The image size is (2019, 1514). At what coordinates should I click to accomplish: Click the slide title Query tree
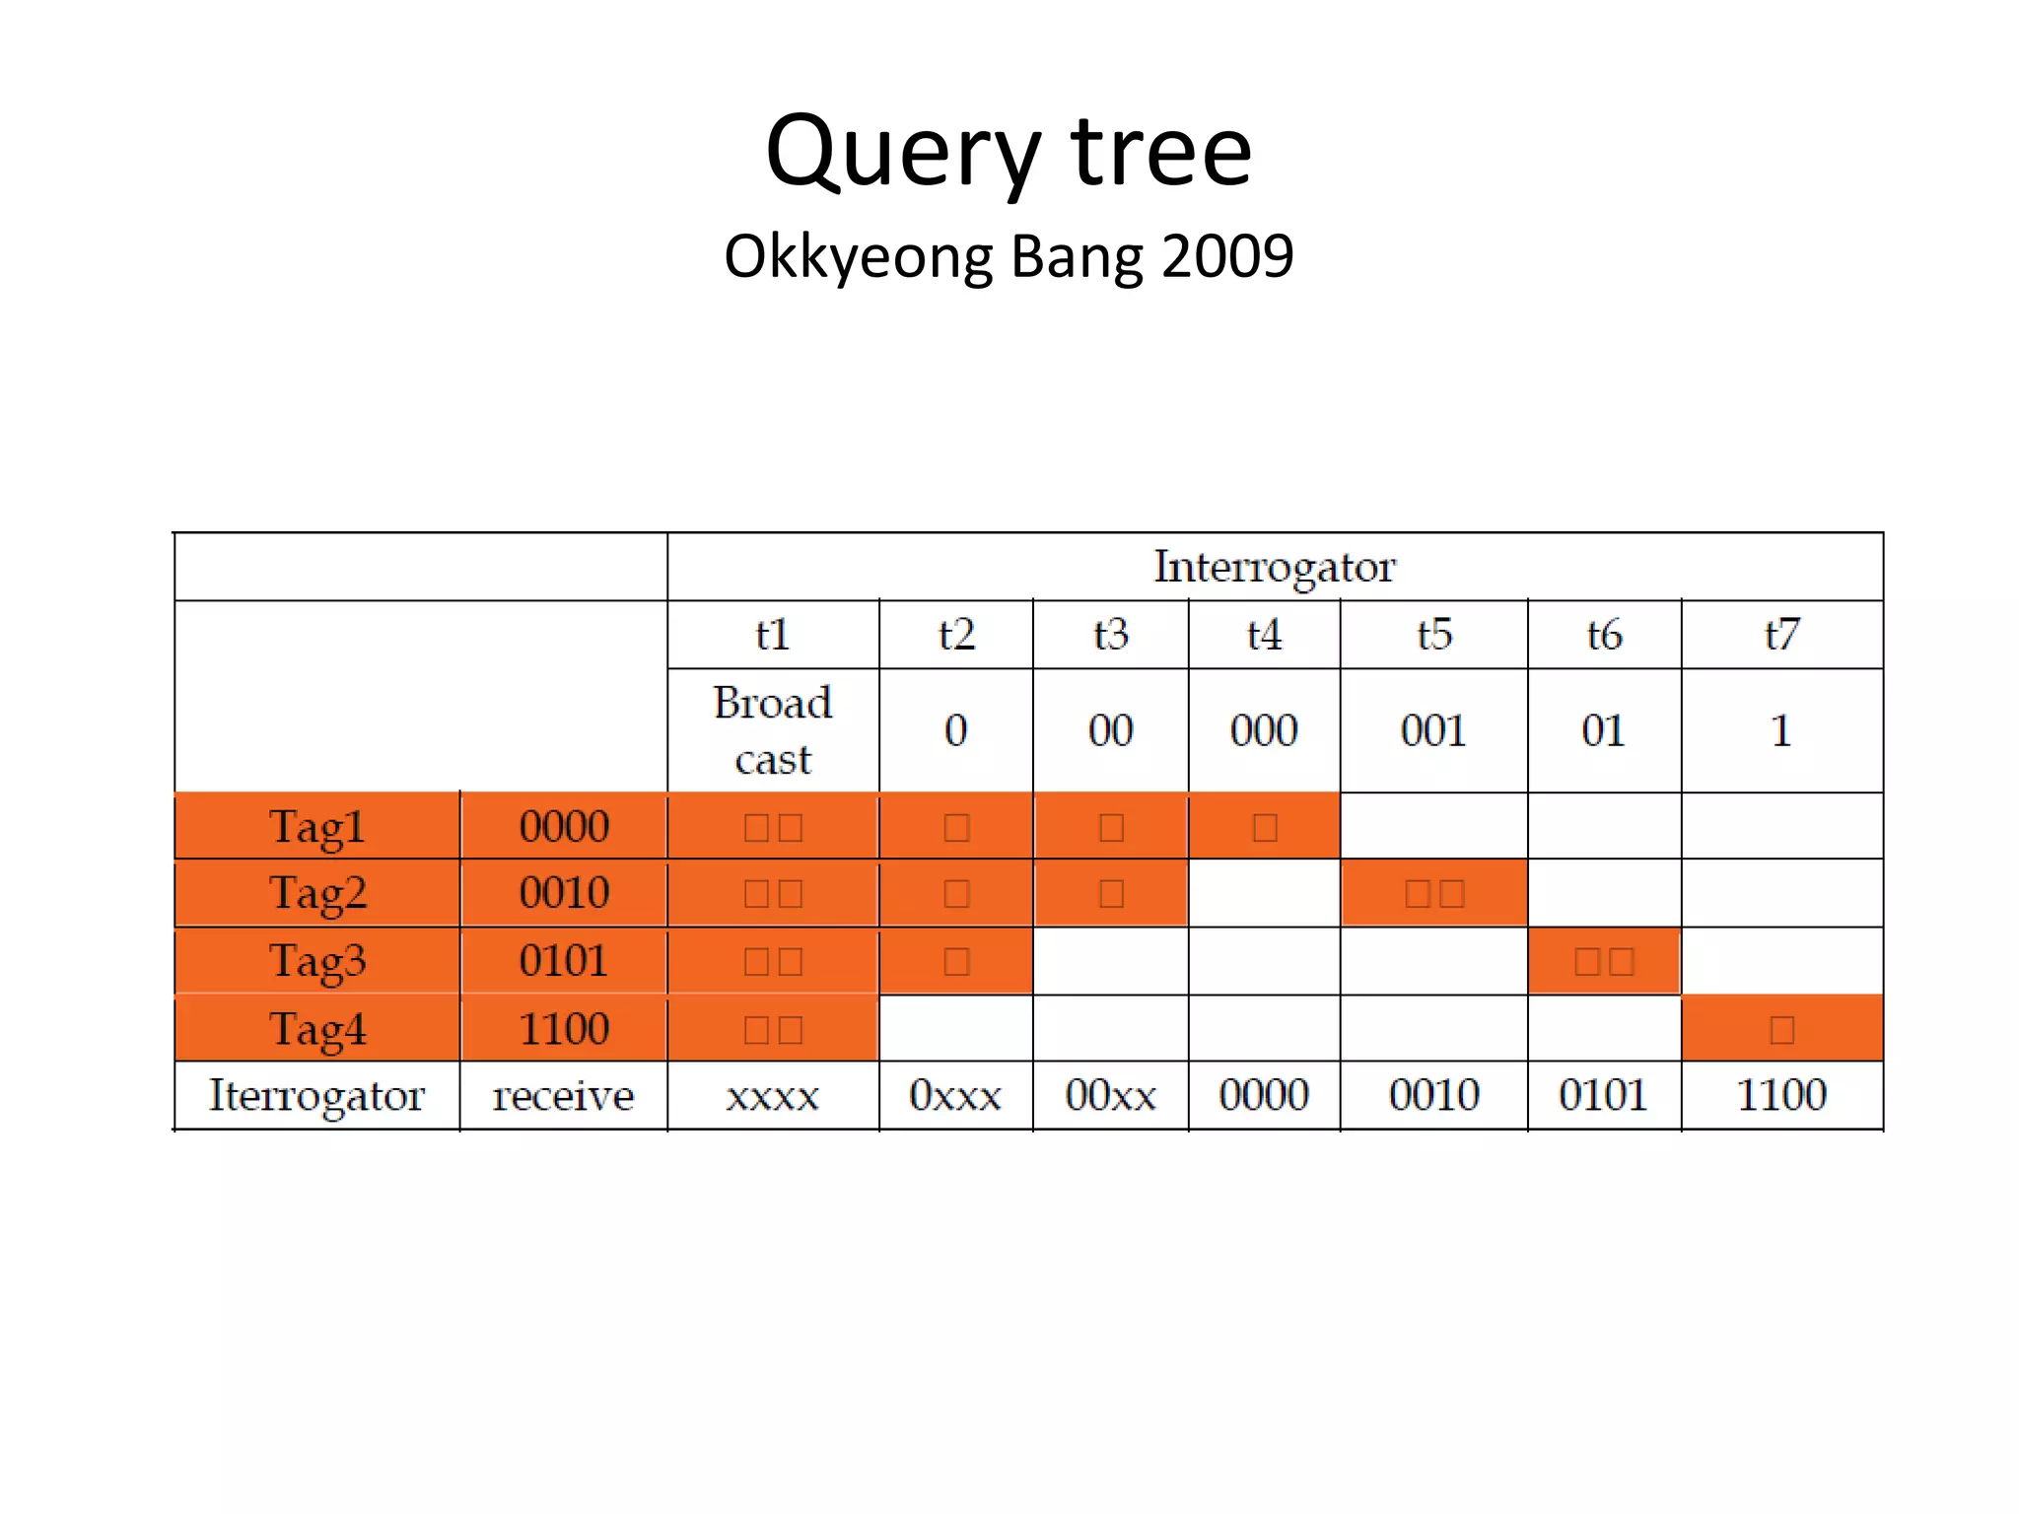click(x=1009, y=153)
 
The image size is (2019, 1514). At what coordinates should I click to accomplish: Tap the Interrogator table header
click(x=1275, y=567)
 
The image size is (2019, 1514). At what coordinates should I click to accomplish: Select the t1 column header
click(x=773, y=635)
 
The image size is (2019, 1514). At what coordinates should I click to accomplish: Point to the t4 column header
click(x=1264, y=635)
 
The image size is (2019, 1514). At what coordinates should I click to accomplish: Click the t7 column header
click(x=1781, y=635)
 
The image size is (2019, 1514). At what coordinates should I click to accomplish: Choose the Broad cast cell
click(x=773, y=730)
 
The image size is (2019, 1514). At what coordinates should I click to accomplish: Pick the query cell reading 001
click(x=1433, y=730)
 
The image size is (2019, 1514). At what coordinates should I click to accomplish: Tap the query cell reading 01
click(x=1604, y=730)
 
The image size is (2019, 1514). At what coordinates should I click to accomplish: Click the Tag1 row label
click(x=317, y=826)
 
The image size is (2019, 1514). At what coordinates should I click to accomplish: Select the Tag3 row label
click(x=317, y=961)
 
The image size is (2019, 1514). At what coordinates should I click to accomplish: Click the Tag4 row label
click(x=317, y=1029)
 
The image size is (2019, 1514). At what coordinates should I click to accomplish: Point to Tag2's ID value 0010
click(x=564, y=893)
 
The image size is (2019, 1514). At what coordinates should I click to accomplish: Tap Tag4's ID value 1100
click(x=564, y=1029)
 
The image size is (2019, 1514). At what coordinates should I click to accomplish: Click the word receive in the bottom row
click(x=563, y=1096)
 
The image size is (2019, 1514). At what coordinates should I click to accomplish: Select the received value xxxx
click(x=773, y=1096)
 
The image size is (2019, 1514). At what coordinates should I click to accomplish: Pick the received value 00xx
click(x=1111, y=1096)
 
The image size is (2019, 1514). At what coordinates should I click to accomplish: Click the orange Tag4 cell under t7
click(x=1781, y=1029)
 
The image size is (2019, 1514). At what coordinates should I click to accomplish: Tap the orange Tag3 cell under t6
click(x=1604, y=961)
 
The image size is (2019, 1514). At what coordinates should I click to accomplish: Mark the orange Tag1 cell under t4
click(x=1264, y=826)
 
